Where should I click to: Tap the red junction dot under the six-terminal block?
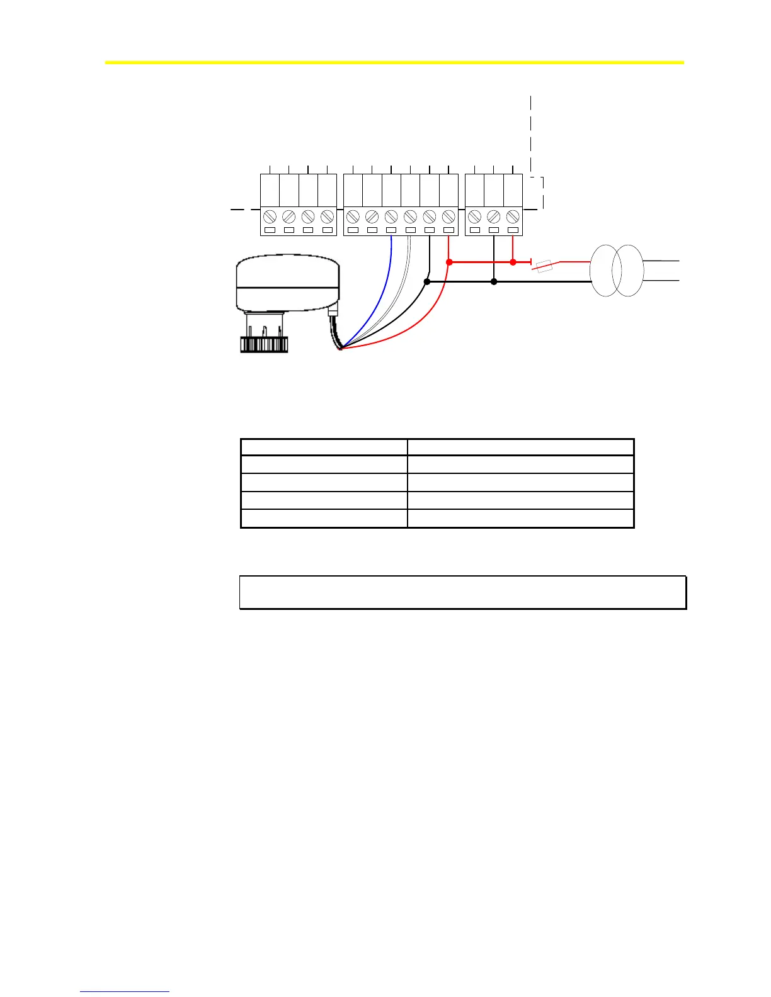449,262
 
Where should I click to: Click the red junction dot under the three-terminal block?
513,262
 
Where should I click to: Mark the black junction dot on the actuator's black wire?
427,282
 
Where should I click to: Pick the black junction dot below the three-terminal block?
494,282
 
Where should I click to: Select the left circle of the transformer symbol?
606,271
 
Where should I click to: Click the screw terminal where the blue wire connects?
391,217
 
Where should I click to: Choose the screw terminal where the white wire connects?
410,217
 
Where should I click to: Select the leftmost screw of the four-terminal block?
270,217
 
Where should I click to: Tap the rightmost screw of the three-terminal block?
513,217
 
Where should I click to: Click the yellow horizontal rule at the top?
394,62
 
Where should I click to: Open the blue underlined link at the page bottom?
125,993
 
